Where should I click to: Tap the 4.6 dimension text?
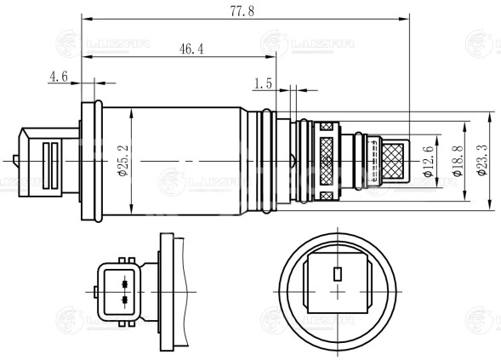[x=58, y=77]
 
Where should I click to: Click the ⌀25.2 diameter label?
[x=123, y=160]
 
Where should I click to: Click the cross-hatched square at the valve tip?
[x=396, y=160]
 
